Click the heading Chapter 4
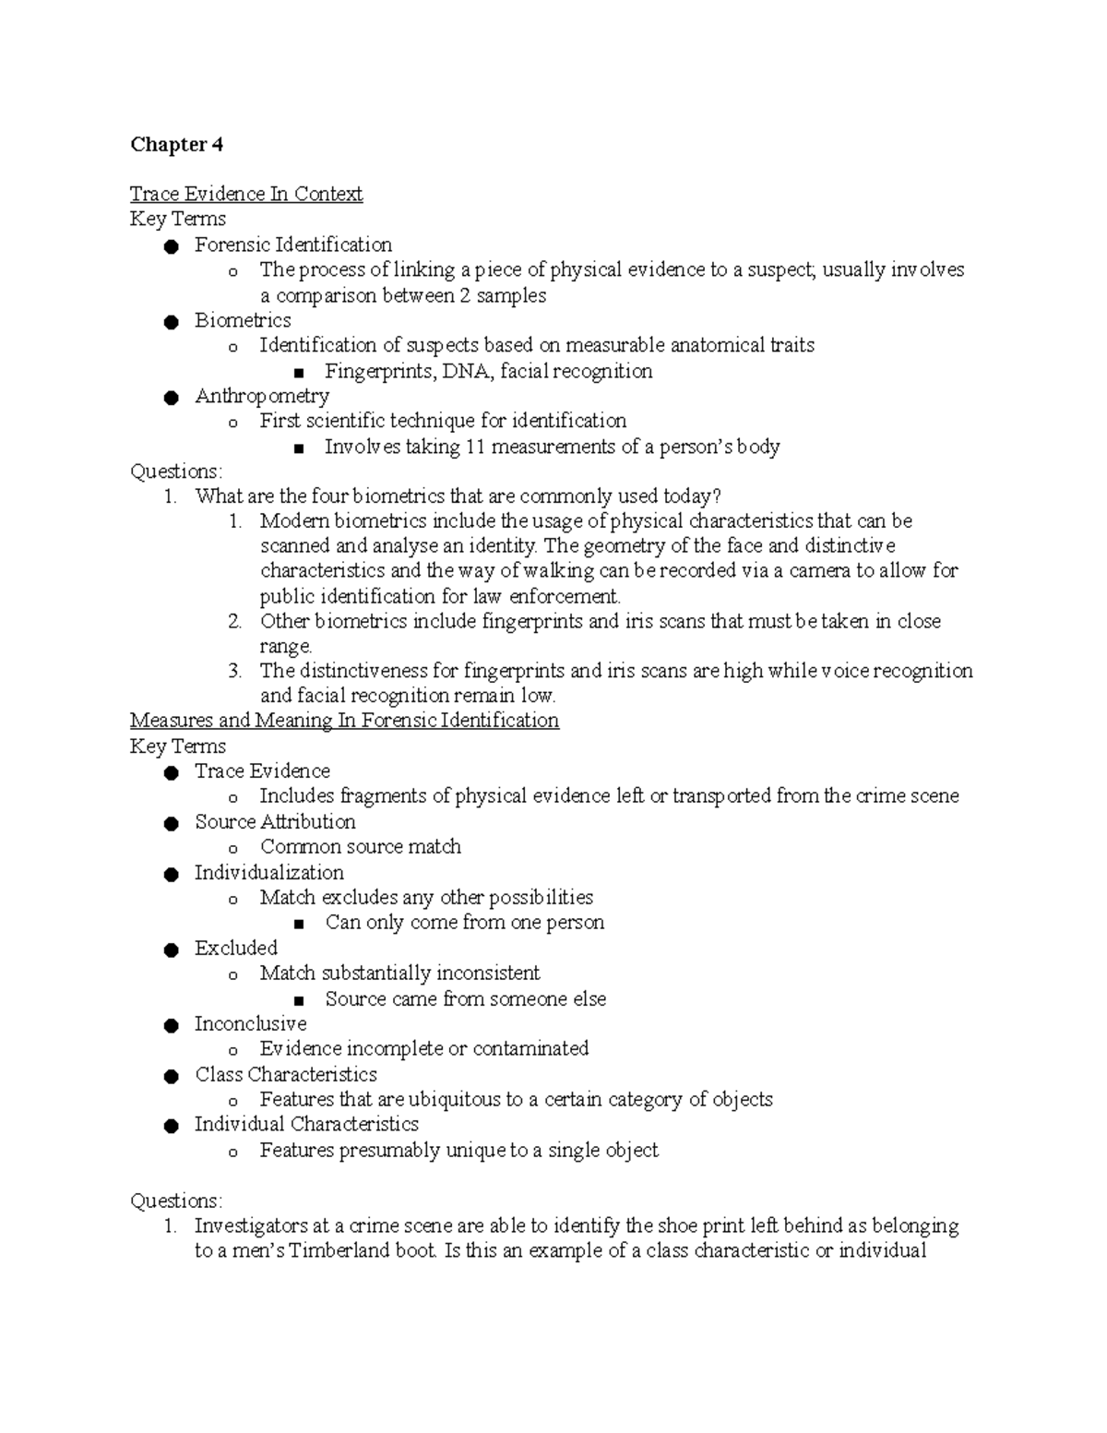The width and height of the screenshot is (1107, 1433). [176, 144]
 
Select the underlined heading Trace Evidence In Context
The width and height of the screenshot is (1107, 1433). [246, 194]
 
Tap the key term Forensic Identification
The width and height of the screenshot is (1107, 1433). [292, 245]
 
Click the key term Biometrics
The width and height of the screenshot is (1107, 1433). [243, 320]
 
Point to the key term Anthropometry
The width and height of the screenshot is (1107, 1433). [262, 396]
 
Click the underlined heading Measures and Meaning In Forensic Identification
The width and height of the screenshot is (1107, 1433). [344, 720]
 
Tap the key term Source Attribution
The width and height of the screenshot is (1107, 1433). [275, 821]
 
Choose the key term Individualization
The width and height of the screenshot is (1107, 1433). [268, 872]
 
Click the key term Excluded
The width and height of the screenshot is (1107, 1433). [235, 948]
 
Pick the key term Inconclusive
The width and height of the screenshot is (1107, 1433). [250, 1023]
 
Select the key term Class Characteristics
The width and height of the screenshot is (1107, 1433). [286, 1074]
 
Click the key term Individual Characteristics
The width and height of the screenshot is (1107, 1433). [306, 1124]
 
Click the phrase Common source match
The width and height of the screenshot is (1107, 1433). [360, 846]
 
